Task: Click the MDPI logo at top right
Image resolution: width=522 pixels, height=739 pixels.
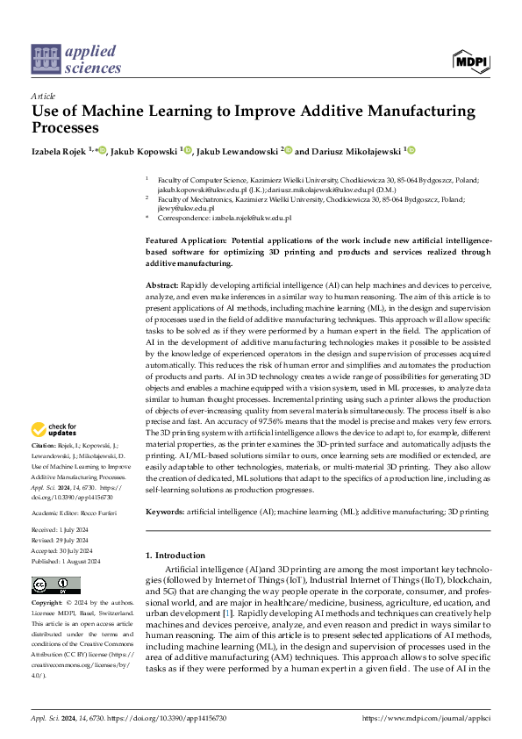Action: (470, 60)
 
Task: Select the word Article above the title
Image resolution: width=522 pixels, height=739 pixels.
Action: (43, 95)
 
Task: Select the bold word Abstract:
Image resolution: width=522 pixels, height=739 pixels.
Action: (161, 287)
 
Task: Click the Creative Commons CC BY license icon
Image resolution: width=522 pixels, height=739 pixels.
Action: (57, 585)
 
